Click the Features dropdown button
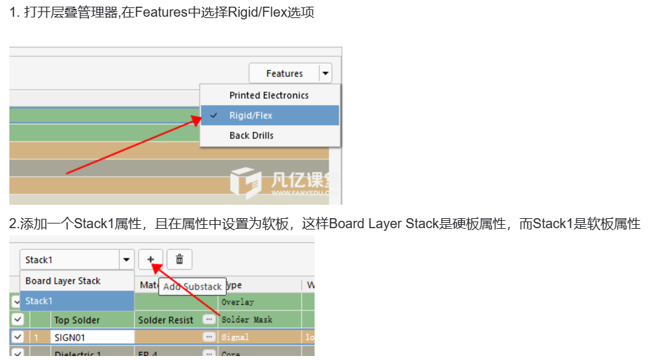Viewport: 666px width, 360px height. point(290,74)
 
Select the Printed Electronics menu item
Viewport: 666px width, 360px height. point(268,95)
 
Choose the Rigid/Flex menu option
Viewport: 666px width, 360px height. point(251,115)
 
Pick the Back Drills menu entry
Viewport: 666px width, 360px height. point(251,135)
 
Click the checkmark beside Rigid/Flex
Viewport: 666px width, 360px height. point(214,115)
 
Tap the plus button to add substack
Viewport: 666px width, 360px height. point(151,260)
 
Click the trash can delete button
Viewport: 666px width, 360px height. point(179,260)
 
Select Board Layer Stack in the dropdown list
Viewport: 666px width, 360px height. point(63,281)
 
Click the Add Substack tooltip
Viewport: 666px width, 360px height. point(192,286)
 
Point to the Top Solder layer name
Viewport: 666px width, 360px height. point(77,320)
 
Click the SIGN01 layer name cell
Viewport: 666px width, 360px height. point(92,337)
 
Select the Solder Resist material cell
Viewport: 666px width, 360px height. point(165,320)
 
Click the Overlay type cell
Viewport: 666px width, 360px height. point(238,302)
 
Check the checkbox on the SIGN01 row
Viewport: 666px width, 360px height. point(18,337)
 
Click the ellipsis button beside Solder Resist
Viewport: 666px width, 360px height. point(209,320)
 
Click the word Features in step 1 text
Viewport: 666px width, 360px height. point(161,13)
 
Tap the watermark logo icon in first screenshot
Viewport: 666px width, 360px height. point(245,182)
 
